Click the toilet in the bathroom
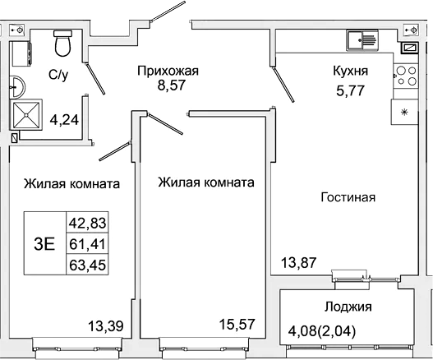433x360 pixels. (x=62, y=42)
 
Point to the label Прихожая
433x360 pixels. (x=168, y=71)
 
